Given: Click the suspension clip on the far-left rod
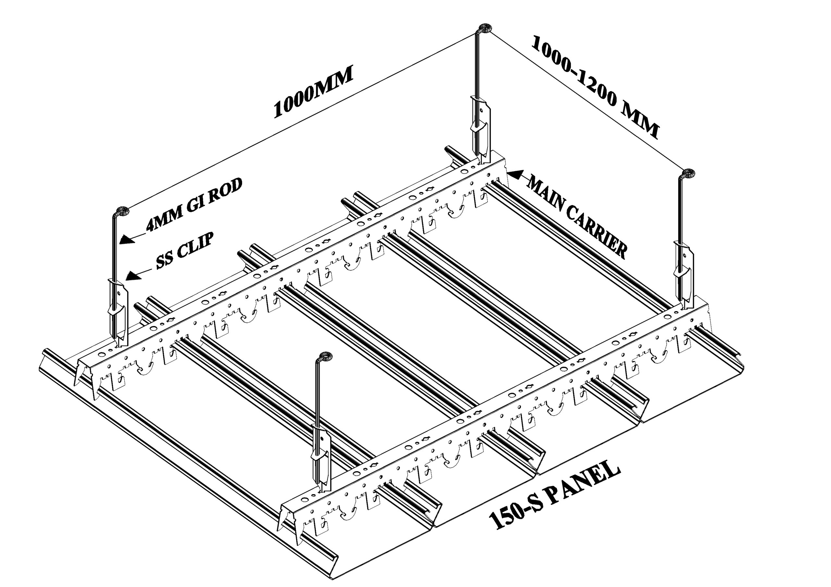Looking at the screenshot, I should [x=117, y=311].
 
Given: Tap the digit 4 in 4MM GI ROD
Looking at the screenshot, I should [x=151, y=226].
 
